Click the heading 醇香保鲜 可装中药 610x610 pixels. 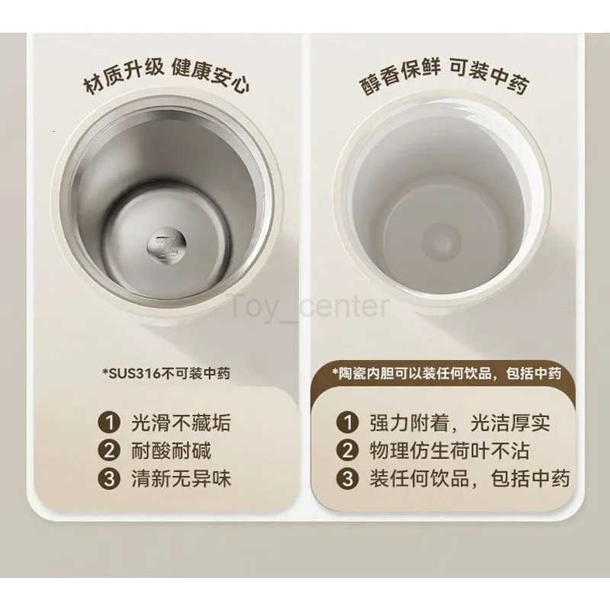pos(444,77)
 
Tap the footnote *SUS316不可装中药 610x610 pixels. pos(166,374)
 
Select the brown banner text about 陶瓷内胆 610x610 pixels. pos(447,374)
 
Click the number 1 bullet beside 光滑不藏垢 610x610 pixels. pos(109,422)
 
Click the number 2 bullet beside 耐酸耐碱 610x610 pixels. pos(109,451)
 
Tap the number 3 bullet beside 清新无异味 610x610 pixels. pos(109,479)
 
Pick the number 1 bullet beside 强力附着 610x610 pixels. pos(348,422)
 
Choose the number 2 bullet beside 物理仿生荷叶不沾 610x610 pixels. pos(348,451)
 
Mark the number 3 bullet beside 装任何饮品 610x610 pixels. pos(348,479)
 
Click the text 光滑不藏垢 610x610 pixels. pos(181,422)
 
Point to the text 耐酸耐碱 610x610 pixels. pos(171,451)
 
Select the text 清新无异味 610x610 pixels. pos(181,479)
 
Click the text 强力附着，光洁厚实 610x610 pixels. pos(460,422)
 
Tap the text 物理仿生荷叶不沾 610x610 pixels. pos(450,451)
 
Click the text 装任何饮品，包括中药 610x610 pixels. pos(470,479)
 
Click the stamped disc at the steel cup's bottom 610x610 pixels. pos(166,245)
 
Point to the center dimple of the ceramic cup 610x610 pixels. pos(441,241)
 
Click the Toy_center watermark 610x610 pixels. pos(310,307)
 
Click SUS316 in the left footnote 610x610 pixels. pos(134,374)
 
